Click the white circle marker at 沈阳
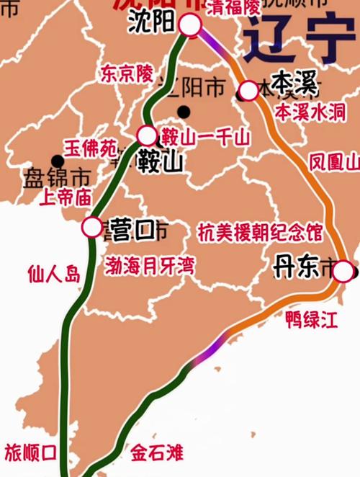coord(189,25)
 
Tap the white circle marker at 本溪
coord(248,90)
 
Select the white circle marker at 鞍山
coord(147,135)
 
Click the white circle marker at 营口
coord(92,227)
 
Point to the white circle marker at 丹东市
coord(343,271)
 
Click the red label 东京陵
coord(127,73)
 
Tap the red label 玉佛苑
coord(91,148)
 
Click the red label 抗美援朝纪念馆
coord(259,232)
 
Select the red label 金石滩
coord(157,453)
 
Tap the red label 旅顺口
coord(30,453)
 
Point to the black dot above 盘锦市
coord(57,161)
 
